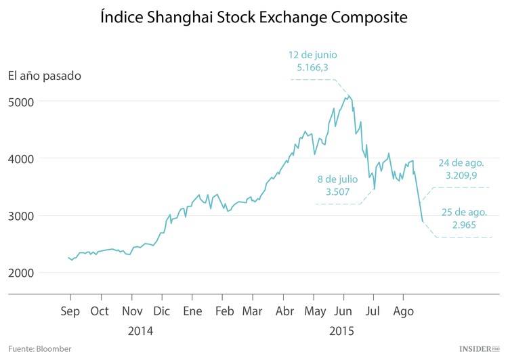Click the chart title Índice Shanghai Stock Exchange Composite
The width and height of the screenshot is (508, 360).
(253, 18)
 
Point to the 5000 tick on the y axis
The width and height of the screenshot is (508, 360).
(20, 102)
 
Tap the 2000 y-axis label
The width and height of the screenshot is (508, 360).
(20, 273)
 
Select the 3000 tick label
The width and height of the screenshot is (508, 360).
(20, 216)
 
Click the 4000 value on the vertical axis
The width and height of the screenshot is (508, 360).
(20, 158)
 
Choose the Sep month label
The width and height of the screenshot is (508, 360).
(70, 311)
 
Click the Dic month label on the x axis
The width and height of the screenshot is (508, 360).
(162, 311)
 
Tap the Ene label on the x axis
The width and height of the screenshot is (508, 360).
(193, 311)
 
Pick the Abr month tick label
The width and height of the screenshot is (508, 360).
(285, 311)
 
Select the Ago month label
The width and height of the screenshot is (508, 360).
(404, 311)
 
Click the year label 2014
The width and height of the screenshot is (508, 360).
(140, 332)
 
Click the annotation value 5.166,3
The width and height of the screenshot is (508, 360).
(313, 68)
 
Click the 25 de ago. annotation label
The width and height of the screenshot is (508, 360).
(463, 213)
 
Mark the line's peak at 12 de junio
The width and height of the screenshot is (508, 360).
(349, 96)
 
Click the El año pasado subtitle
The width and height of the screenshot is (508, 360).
(44, 75)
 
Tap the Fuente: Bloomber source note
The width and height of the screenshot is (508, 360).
(39, 348)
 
